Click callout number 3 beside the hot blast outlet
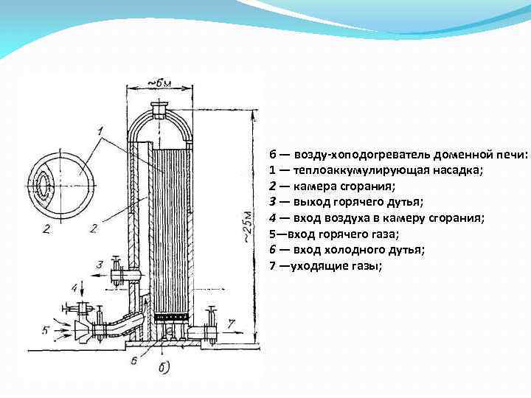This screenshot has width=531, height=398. click(100, 265)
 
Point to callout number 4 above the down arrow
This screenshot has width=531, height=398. click(74, 286)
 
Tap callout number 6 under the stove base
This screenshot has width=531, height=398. click(133, 360)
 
